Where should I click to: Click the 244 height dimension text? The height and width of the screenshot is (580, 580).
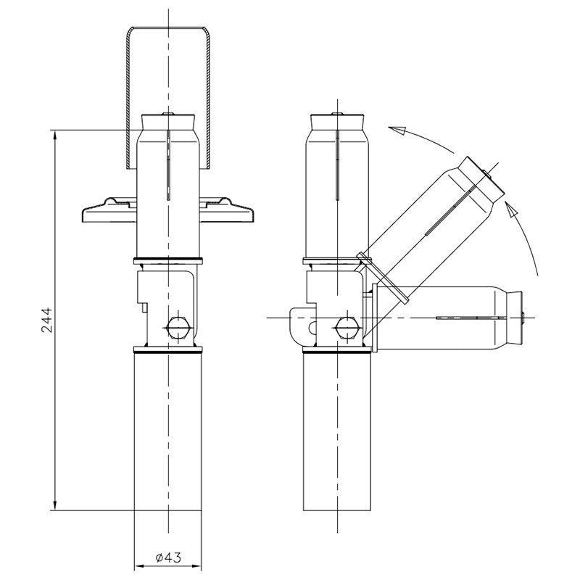[46, 319]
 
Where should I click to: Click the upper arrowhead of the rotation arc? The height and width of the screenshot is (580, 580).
[395, 130]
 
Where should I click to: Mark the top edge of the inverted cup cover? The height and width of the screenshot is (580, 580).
[167, 29]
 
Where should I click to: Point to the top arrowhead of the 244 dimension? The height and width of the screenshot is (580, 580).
[56, 135]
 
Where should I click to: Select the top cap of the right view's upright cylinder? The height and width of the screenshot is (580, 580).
[337, 119]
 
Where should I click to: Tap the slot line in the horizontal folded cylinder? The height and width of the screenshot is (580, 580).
[464, 318]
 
